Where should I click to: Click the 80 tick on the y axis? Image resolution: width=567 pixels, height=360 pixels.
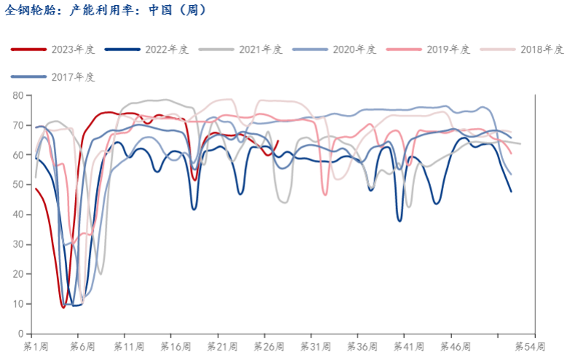18,95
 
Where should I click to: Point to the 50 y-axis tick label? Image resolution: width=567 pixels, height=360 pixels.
18,185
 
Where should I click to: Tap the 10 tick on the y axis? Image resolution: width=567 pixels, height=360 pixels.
18,304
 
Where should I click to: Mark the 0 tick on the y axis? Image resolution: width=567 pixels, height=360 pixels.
21,334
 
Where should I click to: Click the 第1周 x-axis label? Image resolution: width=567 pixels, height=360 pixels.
36,345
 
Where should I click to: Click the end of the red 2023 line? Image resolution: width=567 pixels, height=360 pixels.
278,141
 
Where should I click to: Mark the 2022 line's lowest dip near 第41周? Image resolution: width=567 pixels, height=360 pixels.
400,220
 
